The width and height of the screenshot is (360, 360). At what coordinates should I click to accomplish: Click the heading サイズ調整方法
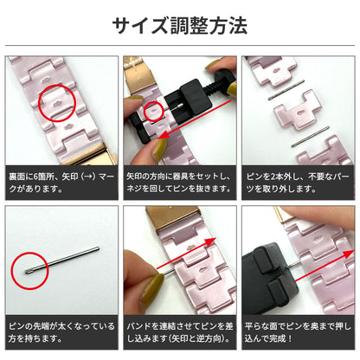pos(179,25)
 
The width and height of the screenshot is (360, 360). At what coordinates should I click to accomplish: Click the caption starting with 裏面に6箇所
pos(61,182)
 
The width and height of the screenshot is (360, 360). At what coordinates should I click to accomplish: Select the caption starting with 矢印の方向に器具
pos(179,182)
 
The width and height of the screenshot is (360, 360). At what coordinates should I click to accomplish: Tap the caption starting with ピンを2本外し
pos(299,182)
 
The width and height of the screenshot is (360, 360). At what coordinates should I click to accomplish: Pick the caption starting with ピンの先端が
pos(61,332)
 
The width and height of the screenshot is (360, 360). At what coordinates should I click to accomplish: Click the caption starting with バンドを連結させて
pos(179,332)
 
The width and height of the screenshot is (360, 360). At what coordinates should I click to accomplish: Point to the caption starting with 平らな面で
pos(299,332)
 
